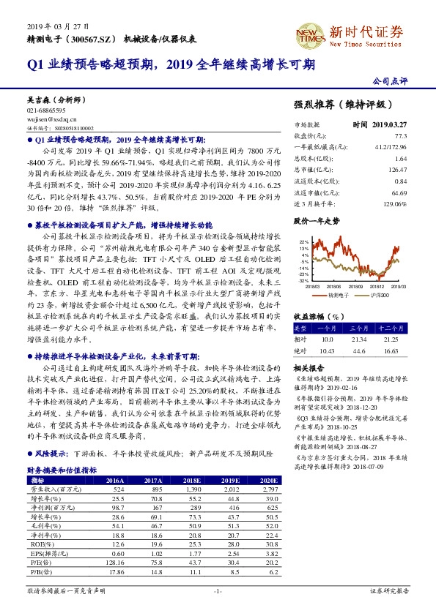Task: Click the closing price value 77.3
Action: pyautogui.click(x=401, y=135)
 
